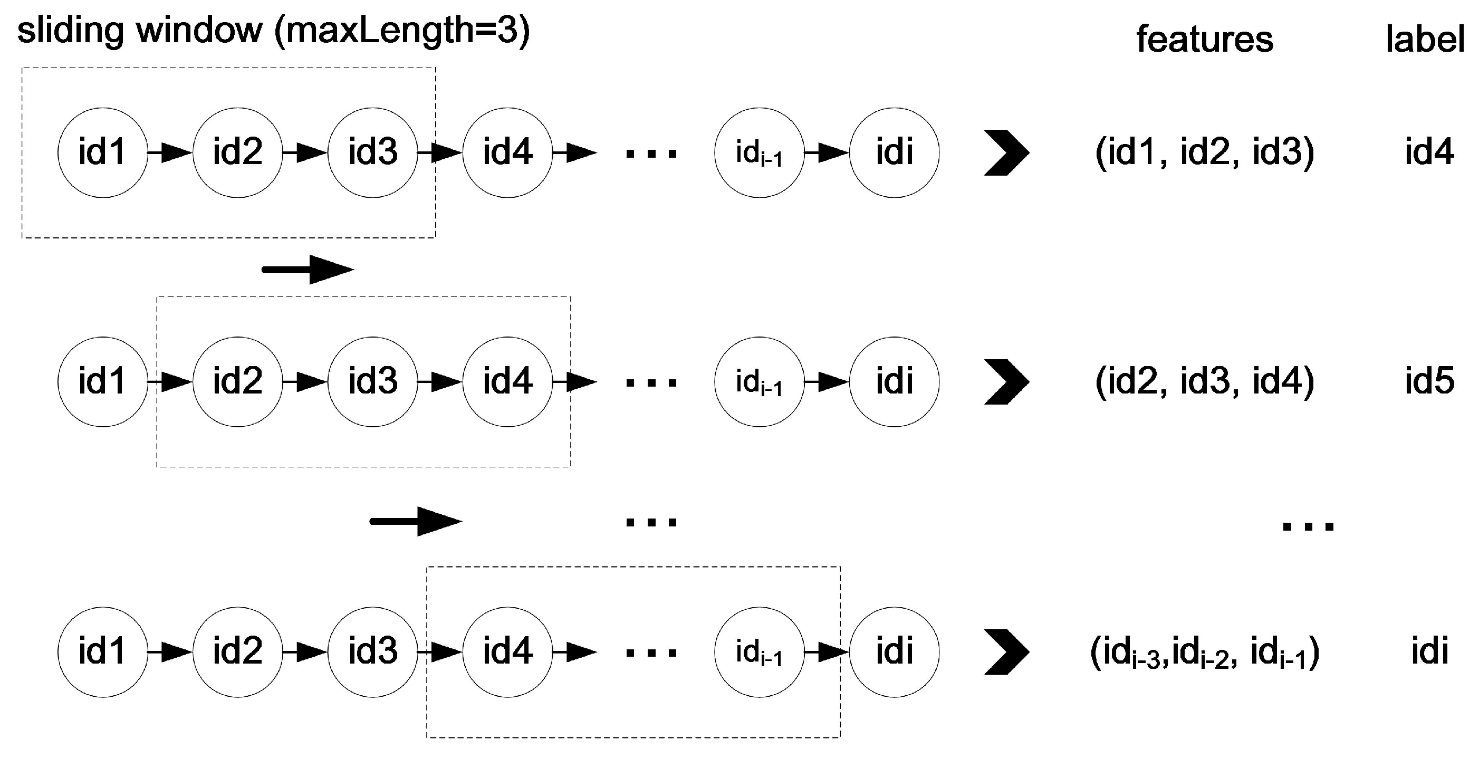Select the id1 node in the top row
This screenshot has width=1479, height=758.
[103, 153]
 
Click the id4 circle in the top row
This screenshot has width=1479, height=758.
[507, 153]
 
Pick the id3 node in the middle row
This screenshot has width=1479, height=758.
[372, 381]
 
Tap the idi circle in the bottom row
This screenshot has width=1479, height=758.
[895, 652]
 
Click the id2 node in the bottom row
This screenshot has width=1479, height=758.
[238, 652]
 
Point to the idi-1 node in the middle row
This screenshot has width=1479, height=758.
[759, 381]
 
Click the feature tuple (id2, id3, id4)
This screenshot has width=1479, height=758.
[1205, 381]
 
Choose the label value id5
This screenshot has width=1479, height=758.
[1429, 381]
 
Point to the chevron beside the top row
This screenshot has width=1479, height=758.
[1006, 153]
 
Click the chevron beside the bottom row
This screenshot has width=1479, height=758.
[1006, 652]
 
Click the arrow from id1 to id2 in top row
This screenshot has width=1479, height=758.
[170, 153]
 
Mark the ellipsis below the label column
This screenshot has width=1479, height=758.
[1308, 525]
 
